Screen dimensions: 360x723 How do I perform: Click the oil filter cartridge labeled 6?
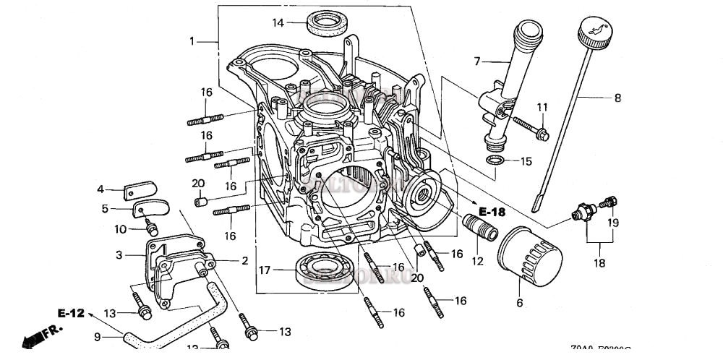pyautogui.click(x=529, y=259)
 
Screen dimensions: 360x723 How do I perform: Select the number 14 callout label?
pyautogui.click(x=278, y=23)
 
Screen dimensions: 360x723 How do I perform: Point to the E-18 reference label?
pyautogui.click(x=491, y=211)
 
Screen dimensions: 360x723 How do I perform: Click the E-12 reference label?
pyautogui.click(x=71, y=313)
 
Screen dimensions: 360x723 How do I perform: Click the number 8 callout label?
pyautogui.click(x=617, y=98)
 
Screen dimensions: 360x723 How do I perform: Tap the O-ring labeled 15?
pyautogui.click(x=495, y=161)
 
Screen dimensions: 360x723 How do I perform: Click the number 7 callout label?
pyautogui.click(x=477, y=61)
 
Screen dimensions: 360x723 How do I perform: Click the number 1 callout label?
pyautogui.click(x=192, y=41)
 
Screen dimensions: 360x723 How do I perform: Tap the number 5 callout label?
pyautogui.click(x=105, y=209)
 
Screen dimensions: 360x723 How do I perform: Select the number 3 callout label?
pyautogui.click(x=119, y=254)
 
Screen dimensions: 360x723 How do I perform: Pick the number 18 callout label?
pyautogui.click(x=600, y=264)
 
